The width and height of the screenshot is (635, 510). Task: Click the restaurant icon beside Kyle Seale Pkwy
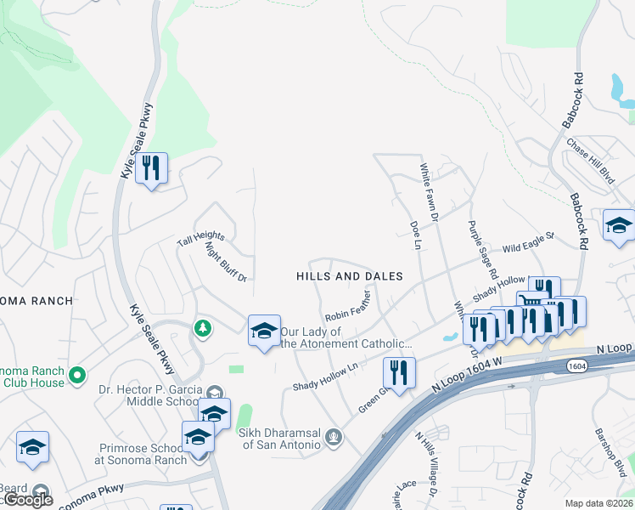(151, 168)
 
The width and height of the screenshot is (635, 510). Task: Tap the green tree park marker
(202, 327)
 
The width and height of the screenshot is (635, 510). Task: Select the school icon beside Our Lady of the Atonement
(264, 331)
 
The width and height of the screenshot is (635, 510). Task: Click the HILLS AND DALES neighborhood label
(349, 276)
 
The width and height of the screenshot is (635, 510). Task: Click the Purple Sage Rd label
(481, 251)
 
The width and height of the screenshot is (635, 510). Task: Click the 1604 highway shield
(578, 365)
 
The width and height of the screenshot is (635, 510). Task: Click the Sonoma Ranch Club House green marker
(77, 374)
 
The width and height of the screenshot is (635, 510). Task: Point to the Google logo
(28, 500)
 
